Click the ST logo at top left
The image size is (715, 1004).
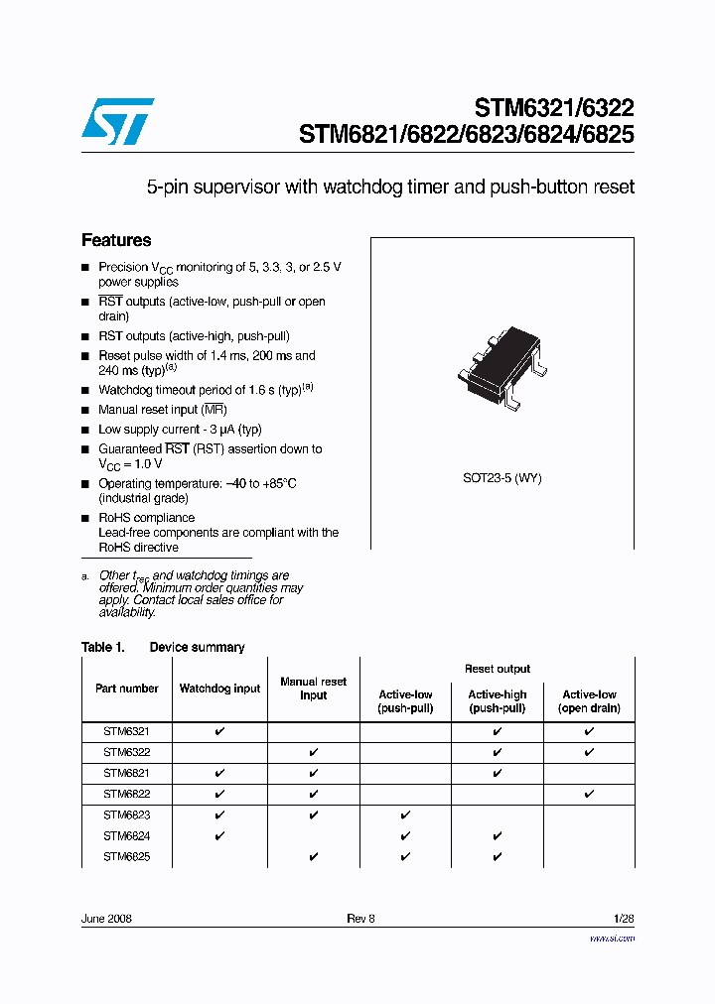point(117,119)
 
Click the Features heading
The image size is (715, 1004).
point(116,240)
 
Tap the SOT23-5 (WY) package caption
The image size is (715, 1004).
point(501,478)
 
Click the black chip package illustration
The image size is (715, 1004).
point(502,366)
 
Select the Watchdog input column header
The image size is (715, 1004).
point(219,689)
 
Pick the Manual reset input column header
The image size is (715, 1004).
point(313,689)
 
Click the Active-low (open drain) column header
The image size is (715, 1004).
point(589,701)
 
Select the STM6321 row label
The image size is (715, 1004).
point(126,731)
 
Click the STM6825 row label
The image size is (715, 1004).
point(126,857)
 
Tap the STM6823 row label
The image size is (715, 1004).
point(126,815)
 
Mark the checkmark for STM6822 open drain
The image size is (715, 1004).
point(589,794)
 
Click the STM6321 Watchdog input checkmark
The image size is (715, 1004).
point(219,731)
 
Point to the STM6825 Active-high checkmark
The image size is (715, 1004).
point(498,857)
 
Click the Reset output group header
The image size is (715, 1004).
point(497,669)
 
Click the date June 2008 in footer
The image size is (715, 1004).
point(106,919)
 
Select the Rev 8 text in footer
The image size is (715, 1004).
point(360,919)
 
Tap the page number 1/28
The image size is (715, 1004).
point(624,919)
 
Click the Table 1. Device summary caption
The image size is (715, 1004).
point(163,647)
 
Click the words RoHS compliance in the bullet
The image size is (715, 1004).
point(146,518)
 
